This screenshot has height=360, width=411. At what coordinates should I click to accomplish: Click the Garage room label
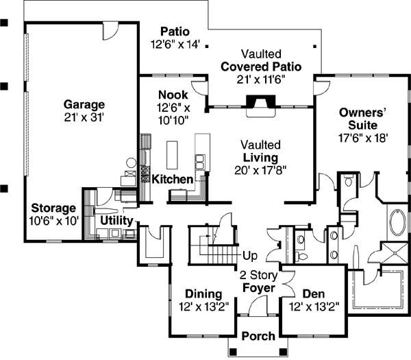pyautogui.click(x=84, y=104)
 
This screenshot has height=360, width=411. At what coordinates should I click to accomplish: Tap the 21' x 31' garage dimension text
pyautogui.click(x=84, y=117)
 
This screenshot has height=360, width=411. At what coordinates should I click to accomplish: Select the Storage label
pyautogui.click(x=53, y=208)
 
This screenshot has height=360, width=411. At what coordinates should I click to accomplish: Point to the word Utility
pyautogui.click(x=116, y=220)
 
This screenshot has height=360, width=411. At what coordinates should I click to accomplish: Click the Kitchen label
pyautogui.click(x=172, y=179)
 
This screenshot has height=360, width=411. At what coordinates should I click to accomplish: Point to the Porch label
pyautogui.click(x=258, y=336)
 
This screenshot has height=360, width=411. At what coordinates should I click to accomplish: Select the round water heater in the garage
pyautogui.click(x=130, y=165)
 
